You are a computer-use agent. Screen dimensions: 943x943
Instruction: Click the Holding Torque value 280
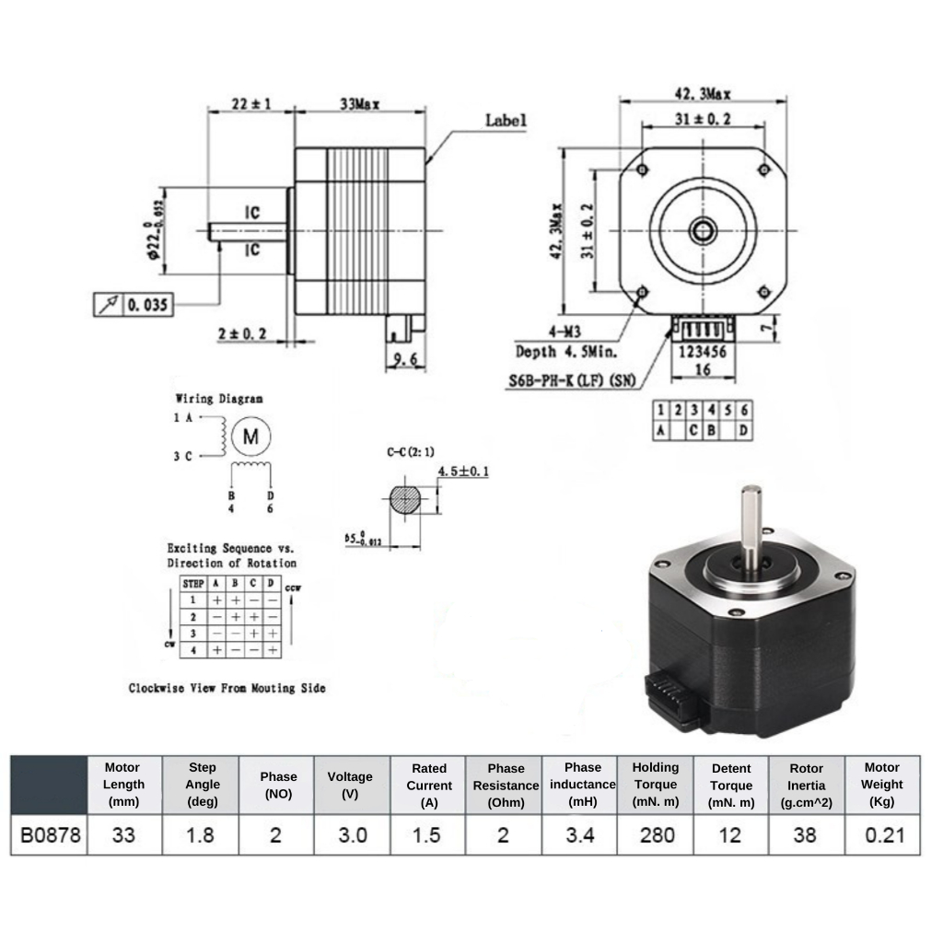(x=655, y=835)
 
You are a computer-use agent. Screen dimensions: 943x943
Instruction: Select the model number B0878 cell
(x=50, y=835)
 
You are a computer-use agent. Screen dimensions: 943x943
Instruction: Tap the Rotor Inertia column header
(x=806, y=785)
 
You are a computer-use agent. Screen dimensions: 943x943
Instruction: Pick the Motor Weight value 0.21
(x=882, y=835)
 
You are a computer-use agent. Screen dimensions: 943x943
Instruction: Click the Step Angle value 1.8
(x=202, y=835)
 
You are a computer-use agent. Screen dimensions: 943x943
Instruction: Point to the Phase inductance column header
(x=582, y=785)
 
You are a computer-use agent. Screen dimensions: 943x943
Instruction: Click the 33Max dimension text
(x=360, y=105)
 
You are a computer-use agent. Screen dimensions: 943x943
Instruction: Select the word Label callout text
(x=506, y=121)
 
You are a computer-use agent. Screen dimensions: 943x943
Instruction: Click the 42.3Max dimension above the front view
(x=704, y=94)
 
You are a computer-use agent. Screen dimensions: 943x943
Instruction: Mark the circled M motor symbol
(x=251, y=437)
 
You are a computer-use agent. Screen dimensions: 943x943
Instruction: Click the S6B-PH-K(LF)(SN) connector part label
(x=571, y=380)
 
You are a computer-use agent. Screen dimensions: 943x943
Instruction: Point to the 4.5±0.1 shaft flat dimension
(x=462, y=471)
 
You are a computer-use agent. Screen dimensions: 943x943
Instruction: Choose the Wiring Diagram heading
(x=219, y=399)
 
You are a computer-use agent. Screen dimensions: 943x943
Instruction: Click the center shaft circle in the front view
(x=703, y=229)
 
